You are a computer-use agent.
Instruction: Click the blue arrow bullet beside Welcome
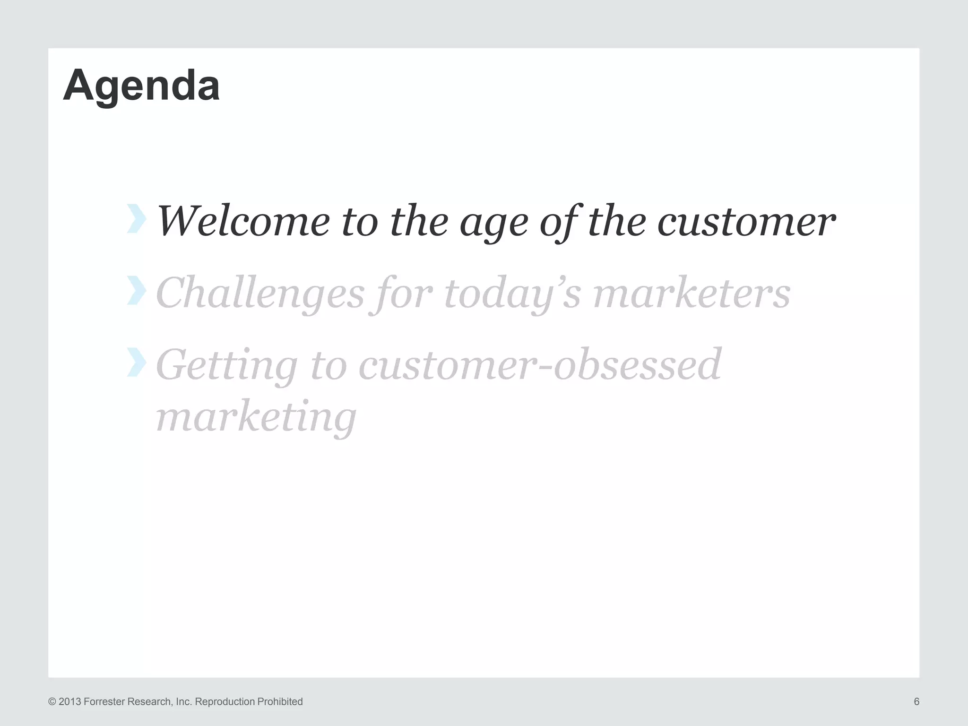point(136,219)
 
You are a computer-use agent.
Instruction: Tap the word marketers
point(691,293)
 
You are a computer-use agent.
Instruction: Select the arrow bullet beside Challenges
point(136,290)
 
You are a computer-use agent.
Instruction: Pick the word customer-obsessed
point(540,365)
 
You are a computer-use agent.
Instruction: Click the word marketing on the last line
point(256,417)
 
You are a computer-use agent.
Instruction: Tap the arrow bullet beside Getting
point(136,362)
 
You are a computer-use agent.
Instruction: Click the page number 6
point(916,701)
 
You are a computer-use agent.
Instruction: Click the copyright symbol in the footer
point(52,702)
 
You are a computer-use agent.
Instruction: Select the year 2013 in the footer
point(70,702)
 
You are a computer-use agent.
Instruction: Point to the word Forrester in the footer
point(105,702)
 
